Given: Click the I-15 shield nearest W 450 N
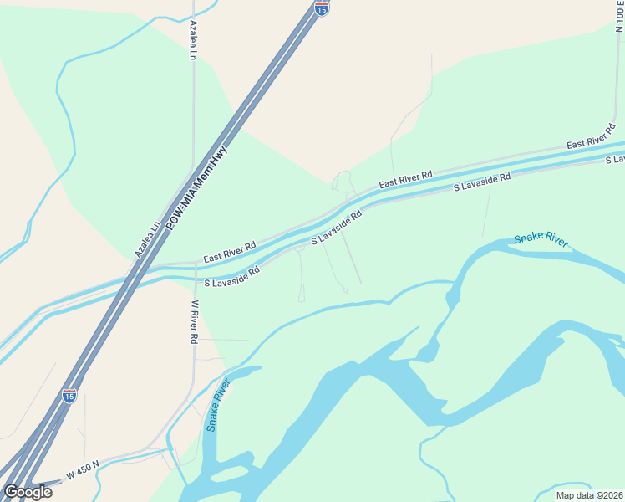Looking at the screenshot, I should pyautogui.click(x=69, y=395).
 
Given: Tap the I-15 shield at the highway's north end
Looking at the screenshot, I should pyautogui.click(x=322, y=8).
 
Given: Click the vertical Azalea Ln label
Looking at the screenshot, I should pyautogui.click(x=193, y=40).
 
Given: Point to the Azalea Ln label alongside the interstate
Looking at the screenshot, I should pyautogui.click(x=147, y=239).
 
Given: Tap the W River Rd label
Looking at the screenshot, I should pyautogui.click(x=194, y=322).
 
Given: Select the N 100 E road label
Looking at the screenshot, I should pyautogui.click(x=619, y=17).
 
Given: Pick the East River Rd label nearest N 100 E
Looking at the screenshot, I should pyautogui.click(x=591, y=135).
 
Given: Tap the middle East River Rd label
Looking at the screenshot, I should pyautogui.click(x=405, y=179).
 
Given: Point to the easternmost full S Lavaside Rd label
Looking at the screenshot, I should pyautogui.click(x=481, y=183).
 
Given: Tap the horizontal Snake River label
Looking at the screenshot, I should pyautogui.click(x=541, y=240).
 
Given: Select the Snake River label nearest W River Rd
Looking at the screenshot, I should pyautogui.click(x=218, y=405).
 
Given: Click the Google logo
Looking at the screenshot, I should pyautogui.click(x=28, y=492).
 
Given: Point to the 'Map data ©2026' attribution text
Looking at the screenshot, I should pyautogui.click(x=589, y=495).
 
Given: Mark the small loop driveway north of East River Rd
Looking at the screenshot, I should pyautogui.click(x=343, y=182).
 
